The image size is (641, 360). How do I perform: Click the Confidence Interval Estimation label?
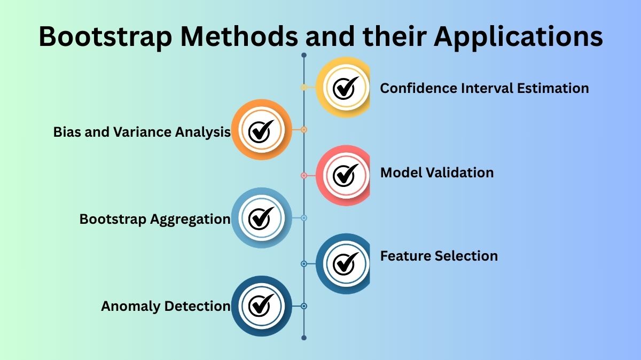[x=484, y=88]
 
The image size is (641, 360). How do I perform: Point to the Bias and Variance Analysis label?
[x=142, y=132]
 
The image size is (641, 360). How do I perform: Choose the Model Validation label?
[x=436, y=173]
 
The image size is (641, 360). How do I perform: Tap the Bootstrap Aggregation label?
[x=154, y=219]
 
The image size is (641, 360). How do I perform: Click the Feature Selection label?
[x=439, y=256]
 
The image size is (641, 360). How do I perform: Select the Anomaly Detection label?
[x=166, y=306]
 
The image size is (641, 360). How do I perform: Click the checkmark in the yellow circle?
[x=345, y=88]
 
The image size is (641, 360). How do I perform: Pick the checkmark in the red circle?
[x=345, y=174]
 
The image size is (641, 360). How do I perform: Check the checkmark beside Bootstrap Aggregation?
[x=261, y=217]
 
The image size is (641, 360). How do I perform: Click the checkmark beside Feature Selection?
[x=345, y=262]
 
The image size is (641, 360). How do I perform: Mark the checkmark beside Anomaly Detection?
[x=261, y=306]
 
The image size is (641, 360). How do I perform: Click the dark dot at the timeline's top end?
[x=304, y=55]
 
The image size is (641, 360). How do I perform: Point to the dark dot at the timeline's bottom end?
[x=304, y=338]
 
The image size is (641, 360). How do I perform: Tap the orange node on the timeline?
[x=304, y=129]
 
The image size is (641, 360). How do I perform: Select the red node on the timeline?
[x=304, y=175]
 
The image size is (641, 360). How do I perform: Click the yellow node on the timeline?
[x=304, y=87]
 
